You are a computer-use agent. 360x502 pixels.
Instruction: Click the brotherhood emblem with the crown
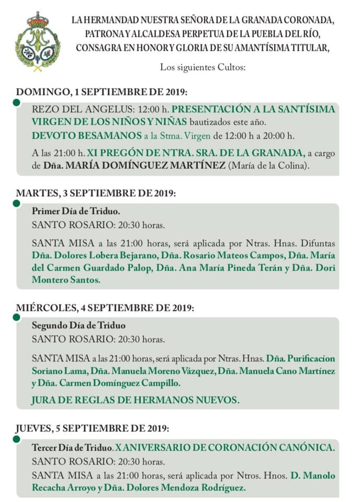37,42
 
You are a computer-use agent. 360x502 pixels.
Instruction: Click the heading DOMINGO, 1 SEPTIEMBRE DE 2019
102,92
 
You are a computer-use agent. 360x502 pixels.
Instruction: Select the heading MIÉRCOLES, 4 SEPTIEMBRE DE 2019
105,308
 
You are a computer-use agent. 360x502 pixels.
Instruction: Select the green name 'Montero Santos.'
66,280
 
